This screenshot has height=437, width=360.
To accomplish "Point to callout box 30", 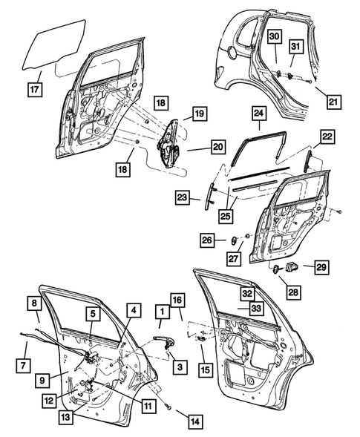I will [x=274, y=37].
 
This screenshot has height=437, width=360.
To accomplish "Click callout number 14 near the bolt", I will [x=194, y=421].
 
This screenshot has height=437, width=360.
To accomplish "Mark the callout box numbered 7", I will [x=24, y=365].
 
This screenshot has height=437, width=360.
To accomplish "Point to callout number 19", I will [x=200, y=114].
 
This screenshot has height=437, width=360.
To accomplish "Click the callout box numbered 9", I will [x=45, y=380].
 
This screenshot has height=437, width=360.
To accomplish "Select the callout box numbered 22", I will [x=328, y=137].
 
